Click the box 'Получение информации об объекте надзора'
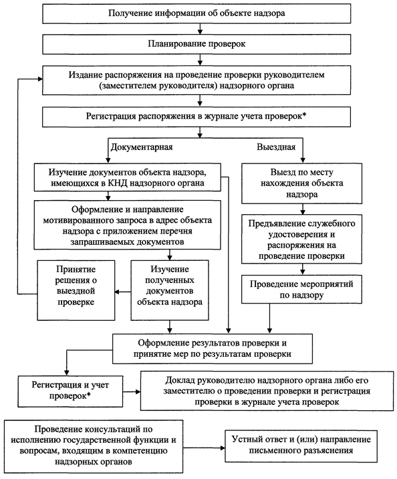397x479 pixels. pyautogui.click(x=196, y=13)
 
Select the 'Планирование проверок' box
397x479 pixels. pyautogui.click(x=196, y=44)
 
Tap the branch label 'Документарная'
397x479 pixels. pyautogui.click(x=142, y=147)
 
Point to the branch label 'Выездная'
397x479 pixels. pyautogui.click(x=276, y=147)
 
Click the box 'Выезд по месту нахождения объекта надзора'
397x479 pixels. pyautogui.click(x=302, y=183)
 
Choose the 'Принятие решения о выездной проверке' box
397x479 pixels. pyautogui.click(x=76, y=290)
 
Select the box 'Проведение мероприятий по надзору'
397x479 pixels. pyautogui.click(x=302, y=290)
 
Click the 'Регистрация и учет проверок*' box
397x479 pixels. pyautogui.click(x=70, y=392)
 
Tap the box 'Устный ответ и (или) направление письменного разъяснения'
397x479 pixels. pyautogui.click(x=301, y=446)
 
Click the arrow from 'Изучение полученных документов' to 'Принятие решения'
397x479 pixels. pyautogui.click(x=123, y=292)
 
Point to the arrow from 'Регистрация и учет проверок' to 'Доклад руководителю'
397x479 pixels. pyautogui.click(x=132, y=392)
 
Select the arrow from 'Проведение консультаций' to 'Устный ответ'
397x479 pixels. pyautogui.click(x=204, y=448)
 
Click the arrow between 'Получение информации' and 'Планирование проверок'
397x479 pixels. pyautogui.click(x=201, y=29)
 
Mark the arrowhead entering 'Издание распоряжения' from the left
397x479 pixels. pyautogui.click(x=40, y=79)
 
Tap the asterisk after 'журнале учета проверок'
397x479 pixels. pyautogui.click(x=304, y=115)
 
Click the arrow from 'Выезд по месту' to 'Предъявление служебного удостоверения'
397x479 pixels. pyautogui.click(x=303, y=209)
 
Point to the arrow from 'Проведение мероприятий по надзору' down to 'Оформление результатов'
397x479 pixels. pyautogui.click(x=269, y=318)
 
